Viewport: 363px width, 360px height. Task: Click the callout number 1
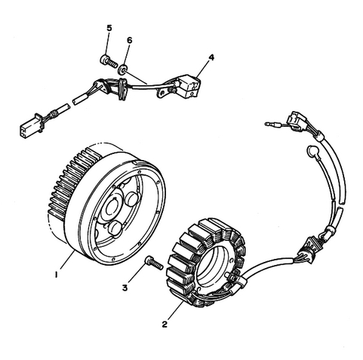(x=57, y=275)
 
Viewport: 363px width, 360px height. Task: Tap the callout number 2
(x=165, y=325)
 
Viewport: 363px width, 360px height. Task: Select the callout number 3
(x=125, y=288)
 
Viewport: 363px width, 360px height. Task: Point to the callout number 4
(x=211, y=57)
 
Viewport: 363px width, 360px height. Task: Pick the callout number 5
(x=109, y=28)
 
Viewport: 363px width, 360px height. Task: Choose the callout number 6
(x=129, y=40)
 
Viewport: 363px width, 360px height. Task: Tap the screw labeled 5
(x=109, y=61)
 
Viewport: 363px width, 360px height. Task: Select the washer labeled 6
(x=123, y=69)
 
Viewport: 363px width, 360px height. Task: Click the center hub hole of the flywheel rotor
(x=112, y=207)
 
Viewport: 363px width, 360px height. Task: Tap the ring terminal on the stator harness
(x=312, y=152)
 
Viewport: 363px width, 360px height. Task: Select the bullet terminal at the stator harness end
(x=272, y=124)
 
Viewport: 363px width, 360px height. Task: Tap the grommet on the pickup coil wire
(x=122, y=89)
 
